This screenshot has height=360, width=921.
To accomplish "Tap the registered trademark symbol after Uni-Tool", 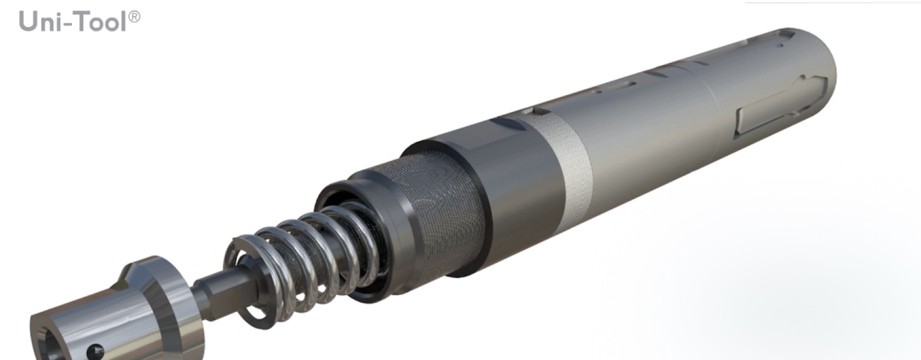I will tap(134, 16).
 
